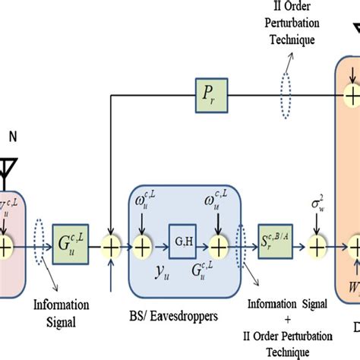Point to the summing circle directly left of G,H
point(144,245)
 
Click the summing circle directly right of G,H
point(219,245)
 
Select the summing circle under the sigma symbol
point(317,245)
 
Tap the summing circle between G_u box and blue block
point(112,245)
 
